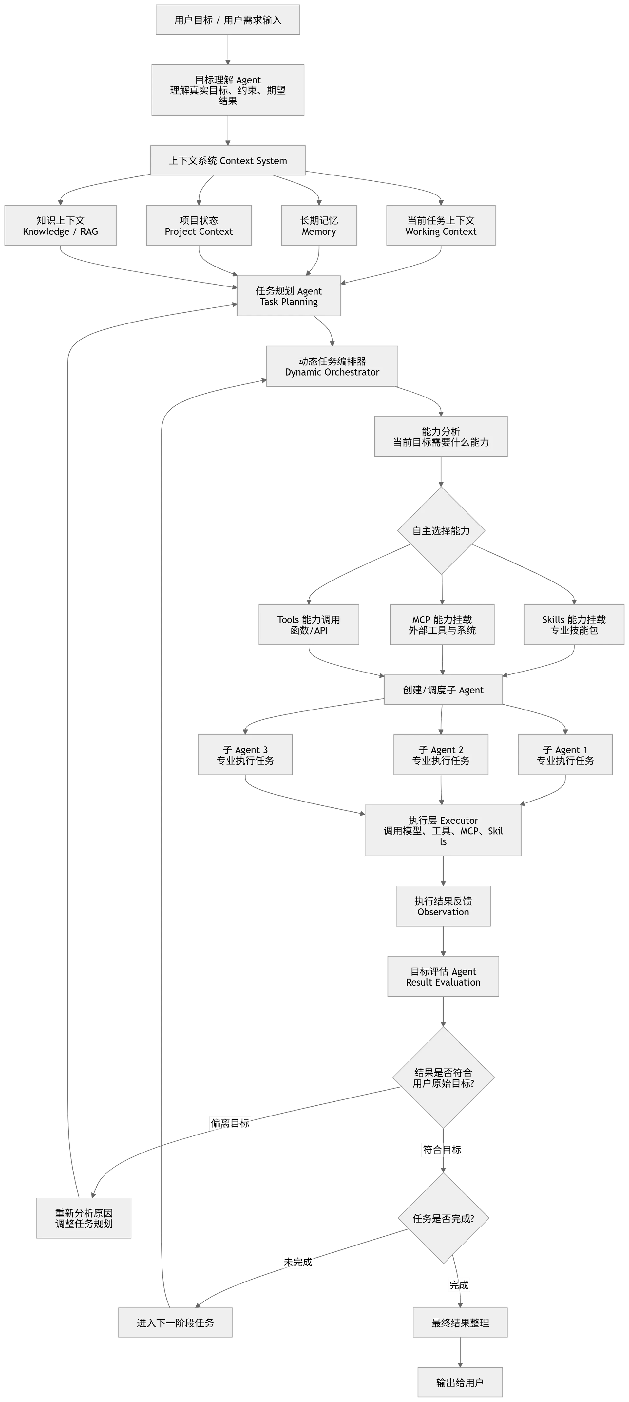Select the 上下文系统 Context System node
pos(228,160)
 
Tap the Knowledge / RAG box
pos(61,225)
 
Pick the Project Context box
pos(199,225)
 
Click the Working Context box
pos(441,225)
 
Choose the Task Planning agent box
pos(289,296)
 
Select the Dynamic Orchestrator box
pos(332,366)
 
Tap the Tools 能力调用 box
pos(309,625)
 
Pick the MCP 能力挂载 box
pos(442,625)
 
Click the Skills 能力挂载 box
pos(574,625)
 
